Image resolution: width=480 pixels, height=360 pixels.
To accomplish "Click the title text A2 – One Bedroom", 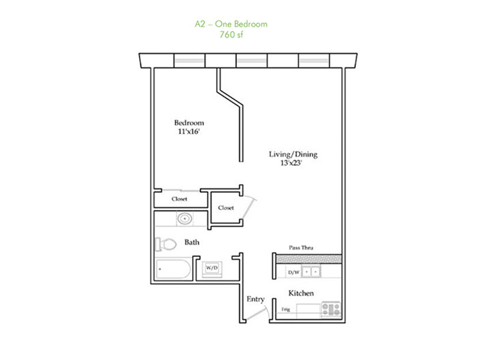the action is pyautogui.click(x=231, y=24).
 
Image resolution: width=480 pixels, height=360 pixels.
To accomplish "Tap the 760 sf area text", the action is pyautogui.click(x=231, y=35).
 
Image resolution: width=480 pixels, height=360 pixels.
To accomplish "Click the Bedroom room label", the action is pyautogui.click(x=189, y=123).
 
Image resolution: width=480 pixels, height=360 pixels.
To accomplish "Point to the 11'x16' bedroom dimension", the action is pyautogui.click(x=189, y=131).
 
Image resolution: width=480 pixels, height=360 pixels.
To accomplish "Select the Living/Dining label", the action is pyautogui.click(x=293, y=154).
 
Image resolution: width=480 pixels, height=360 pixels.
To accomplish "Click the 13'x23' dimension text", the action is pyautogui.click(x=291, y=163).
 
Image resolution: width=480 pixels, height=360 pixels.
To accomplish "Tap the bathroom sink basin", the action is pyautogui.click(x=185, y=218).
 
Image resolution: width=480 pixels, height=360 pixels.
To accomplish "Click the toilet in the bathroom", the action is pyautogui.click(x=166, y=244).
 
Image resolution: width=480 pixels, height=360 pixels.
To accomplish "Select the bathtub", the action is pyautogui.click(x=173, y=269).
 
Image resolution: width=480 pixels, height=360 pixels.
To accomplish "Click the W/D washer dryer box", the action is pyautogui.click(x=212, y=268).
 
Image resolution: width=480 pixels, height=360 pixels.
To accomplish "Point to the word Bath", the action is pyautogui.click(x=191, y=242).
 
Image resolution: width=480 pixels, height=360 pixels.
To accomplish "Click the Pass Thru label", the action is pyautogui.click(x=301, y=248).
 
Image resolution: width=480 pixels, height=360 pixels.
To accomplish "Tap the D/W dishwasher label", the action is pyautogui.click(x=293, y=272).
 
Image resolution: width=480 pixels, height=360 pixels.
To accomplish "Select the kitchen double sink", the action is pyautogui.click(x=311, y=272).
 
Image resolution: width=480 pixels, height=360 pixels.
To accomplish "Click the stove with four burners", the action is pyautogui.click(x=331, y=309).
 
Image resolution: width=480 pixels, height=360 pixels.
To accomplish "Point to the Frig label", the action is pyautogui.click(x=286, y=310).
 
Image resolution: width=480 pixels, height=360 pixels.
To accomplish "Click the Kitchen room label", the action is pyautogui.click(x=301, y=293).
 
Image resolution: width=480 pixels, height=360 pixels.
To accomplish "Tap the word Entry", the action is pyautogui.click(x=256, y=299).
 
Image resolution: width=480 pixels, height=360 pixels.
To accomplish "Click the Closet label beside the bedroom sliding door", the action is pyautogui.click(x=179, y=199).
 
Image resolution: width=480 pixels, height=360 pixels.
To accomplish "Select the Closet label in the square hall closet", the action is pyautogui.click(x=226, y=208).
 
